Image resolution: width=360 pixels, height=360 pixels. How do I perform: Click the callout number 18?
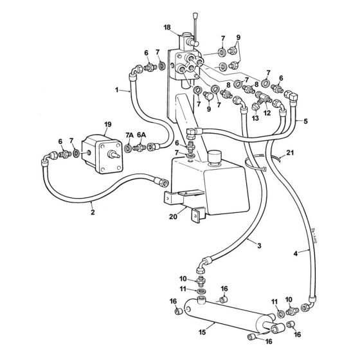pyautogui.click(x=167, y=28)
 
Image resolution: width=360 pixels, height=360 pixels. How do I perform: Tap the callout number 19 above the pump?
pyautogui.click(x=108, y=125)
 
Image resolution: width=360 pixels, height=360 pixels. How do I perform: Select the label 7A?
pyautogui.click(x=129, y=135)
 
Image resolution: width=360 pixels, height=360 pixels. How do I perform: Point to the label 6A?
pyautogui.click(x=141, y=135)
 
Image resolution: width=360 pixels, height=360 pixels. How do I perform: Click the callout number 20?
pyautogui.click(x=173, y=217)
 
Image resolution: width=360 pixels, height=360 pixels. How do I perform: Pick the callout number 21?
pyautogui.click(x=290, y=152)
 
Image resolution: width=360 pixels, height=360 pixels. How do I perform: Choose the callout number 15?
pyautogui.click(x=203, y=332)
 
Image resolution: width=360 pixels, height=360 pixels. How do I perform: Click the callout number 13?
pyautogui.click(x=255, y=118)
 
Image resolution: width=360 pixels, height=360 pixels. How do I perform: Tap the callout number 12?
pyautogui.click(x=267, y=113)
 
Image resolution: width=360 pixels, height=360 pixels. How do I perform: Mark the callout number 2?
pyautogui.click(x=93, y=212)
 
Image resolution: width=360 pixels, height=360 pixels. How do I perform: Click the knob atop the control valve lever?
pyautogui.click(x=196, y=16)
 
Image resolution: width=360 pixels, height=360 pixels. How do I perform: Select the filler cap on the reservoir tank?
pyautogui.click(x=214, y=156)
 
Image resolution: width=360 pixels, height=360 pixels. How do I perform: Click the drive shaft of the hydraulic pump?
pyautogui.click(x=114, y=154)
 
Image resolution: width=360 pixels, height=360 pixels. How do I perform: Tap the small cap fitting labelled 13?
pyautogui.click(x=255, y=107)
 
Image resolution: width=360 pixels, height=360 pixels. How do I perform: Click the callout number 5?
pyautogui.click(x=305, y=122)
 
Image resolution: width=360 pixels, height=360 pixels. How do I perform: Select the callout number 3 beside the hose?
pyautogui.click(x=259, y=246)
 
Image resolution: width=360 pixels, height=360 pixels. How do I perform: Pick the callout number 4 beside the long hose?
pyautogui.click(x=296, y=254)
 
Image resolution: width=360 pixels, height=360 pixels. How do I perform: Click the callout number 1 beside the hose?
pyautogui.click(x=117, y=90)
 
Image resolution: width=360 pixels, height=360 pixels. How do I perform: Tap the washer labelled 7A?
pyautogui.click(x=129, y=148)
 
